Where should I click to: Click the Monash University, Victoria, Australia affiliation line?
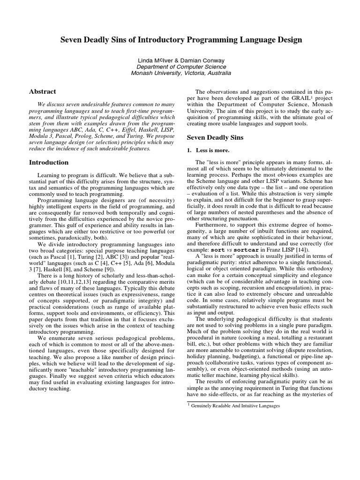click(x=180, y=73)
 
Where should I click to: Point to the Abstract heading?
click(x=43, y=92)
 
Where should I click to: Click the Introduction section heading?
click(x=49, y=163)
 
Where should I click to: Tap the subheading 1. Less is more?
click(x=209, y=150)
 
